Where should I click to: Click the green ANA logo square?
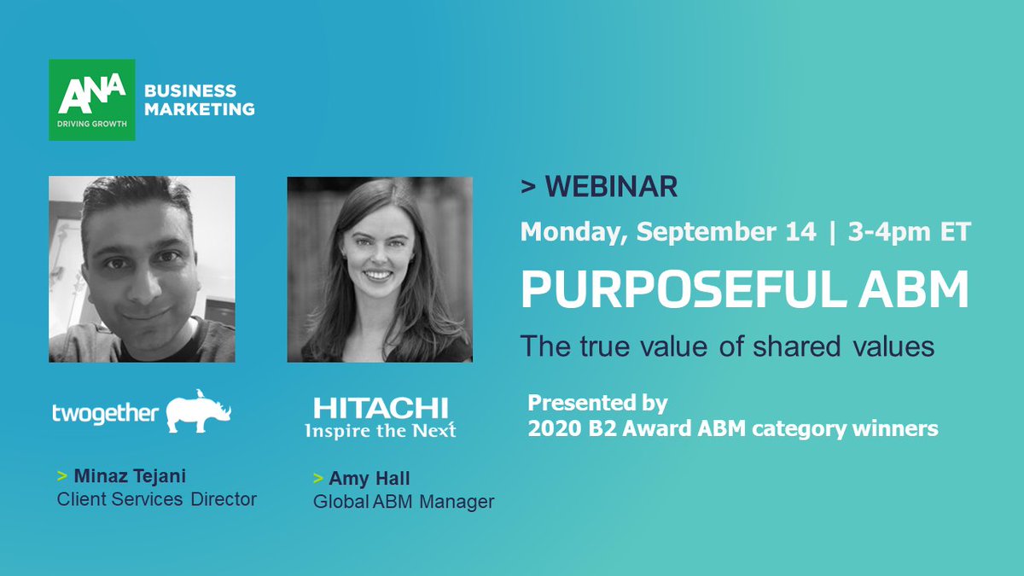point(91,100)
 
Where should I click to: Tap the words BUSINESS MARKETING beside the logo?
point(199,100)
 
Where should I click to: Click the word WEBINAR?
point(610,187)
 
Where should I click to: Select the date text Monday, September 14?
point(667,232)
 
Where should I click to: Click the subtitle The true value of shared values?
point(728,346)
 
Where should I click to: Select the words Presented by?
point(597,402)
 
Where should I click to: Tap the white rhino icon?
point(198,414)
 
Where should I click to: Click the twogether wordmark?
point(105,413)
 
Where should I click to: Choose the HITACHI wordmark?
point(380,408)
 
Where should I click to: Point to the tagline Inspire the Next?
point(380,430)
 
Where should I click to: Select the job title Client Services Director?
point(156,499)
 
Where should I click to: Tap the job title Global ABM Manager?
point(403,502)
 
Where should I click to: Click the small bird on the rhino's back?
point(198,393)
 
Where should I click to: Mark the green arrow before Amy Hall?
point(318,479)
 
